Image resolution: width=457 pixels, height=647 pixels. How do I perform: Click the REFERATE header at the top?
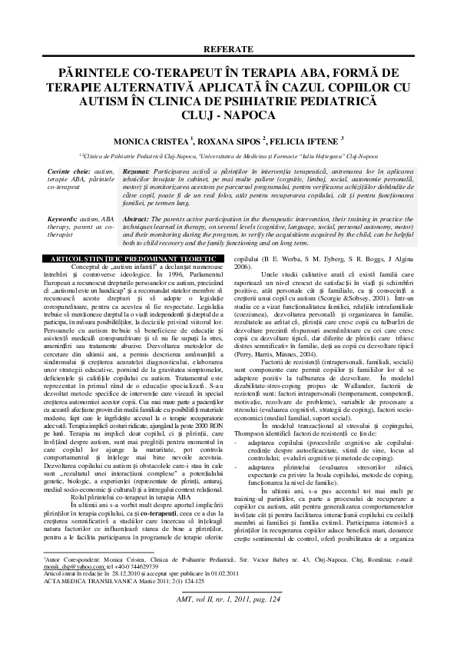(228, 48)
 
